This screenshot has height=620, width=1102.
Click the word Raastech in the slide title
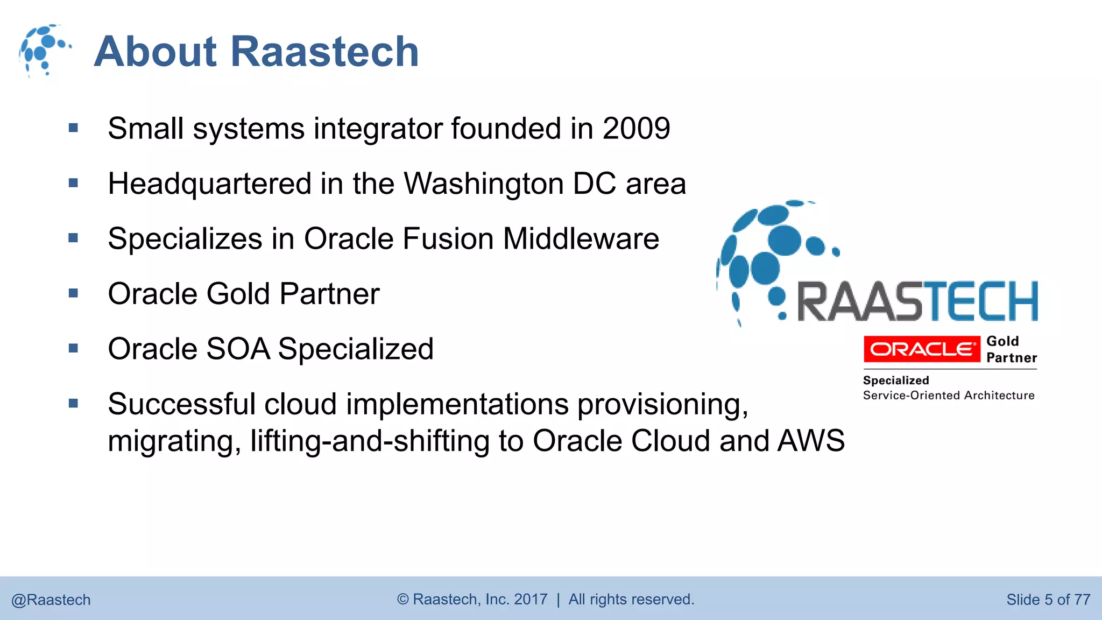point(324,52)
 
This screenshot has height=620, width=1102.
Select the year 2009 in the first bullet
point(636,129)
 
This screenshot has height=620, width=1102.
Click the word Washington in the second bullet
point(484,184)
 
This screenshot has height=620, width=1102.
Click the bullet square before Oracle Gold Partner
point(74,293)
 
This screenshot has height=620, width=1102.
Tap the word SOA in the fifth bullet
point(237,349)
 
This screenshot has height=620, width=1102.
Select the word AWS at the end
point(811,441)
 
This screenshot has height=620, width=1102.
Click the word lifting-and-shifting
point(370,441)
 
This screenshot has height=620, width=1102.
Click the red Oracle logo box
point(922,349)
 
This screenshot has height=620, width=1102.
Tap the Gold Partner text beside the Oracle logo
point(1011,349)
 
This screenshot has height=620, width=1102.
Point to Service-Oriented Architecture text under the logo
point(948,396)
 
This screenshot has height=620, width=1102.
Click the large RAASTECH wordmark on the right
point(917,301)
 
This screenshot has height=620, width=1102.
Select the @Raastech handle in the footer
point(51,600)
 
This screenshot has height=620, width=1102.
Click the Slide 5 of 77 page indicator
point(1048,600)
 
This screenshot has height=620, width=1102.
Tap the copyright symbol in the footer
point(403,599)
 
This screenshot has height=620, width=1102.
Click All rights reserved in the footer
point(631,599)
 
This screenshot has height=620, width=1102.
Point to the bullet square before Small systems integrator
point(74,128)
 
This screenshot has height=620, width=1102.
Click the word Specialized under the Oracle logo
point(895,381)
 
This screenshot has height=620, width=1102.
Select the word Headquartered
point(209,184)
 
